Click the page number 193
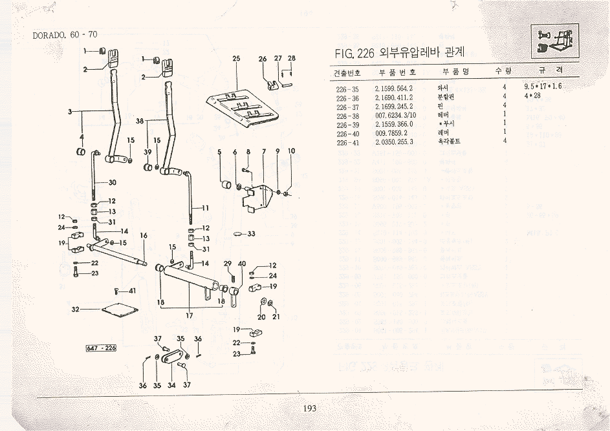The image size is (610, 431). (309, 408)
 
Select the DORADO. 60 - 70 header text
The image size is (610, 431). (65, 35)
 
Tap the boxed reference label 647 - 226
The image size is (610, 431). (101, 349)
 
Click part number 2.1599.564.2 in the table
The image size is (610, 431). (394, 87)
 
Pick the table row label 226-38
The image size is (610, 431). (347, 114)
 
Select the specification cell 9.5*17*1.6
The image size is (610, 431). (543, 87)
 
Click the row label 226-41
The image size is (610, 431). (347, 142)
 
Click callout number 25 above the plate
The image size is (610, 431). (236, 59)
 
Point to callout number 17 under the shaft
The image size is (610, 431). (190, 317)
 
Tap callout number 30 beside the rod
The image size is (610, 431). (112, 183)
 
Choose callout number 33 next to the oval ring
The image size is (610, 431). (252, 233)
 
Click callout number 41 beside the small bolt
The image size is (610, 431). (132, 291)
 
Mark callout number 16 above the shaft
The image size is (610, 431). (144, 236)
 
